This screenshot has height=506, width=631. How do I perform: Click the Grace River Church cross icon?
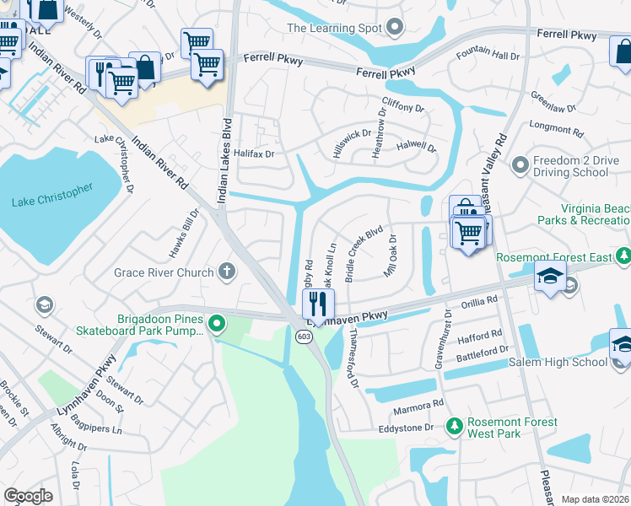[225, 272]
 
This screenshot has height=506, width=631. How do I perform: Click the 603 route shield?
[303, 336]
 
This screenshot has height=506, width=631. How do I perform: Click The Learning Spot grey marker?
[395, 28]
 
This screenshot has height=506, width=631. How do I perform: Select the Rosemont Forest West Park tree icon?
[454, 428]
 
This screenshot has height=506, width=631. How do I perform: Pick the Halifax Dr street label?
[255, 153]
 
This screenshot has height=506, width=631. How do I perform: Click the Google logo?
[28, 495]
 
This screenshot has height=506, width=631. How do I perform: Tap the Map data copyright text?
[594, 499]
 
